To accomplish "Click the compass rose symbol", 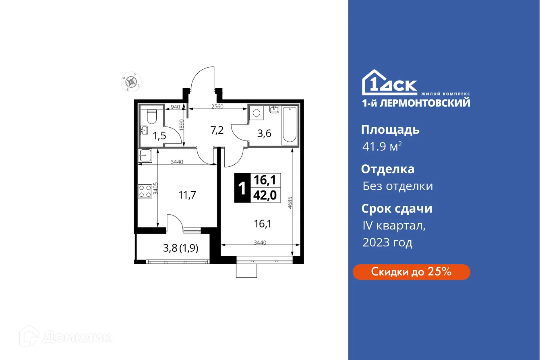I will pyautogui.click(x=131, y=82).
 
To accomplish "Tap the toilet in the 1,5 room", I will pyautogui.click(x=152, y=116).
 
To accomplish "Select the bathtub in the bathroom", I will pyautogui.click(x=290, y=125).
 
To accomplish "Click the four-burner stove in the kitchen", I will pyautogui.click(x=145, y=191).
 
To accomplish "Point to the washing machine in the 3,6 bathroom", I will pyautogui.click(x=256, y=113).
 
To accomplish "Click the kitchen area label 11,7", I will pyautogui.click(x=187, y=196).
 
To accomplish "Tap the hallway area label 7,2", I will pyautogui.click(x=217, y=130).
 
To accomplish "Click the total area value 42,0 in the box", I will pyautogui.click(x=265, y=195).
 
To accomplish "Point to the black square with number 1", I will pyautogui.click(x=242, y=188).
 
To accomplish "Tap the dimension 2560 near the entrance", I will pyautogui.click(x=217, y=107).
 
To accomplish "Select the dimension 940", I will pyautogui.click(x=175, y=107).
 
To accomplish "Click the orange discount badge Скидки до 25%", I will pyautogui.click(x=411, y=272).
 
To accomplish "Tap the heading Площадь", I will pyautogui.click(x=390, y=130).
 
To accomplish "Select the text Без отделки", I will pyautogui.click(x=397, y=186).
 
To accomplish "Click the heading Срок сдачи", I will pyautogui.click(x=397, y=209).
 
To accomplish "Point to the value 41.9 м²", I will pyautogui.click(x=382, y=147).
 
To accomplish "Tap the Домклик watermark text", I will pyautogui.click(x=77, y=337).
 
